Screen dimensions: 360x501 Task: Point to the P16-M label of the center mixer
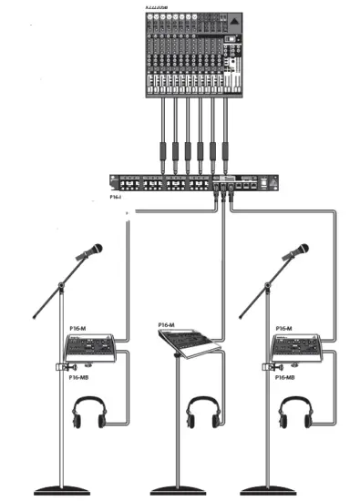tap(166, 324)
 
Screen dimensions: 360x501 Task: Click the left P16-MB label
tap(79, 376)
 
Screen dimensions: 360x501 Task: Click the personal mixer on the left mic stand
tap(91, 347)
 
